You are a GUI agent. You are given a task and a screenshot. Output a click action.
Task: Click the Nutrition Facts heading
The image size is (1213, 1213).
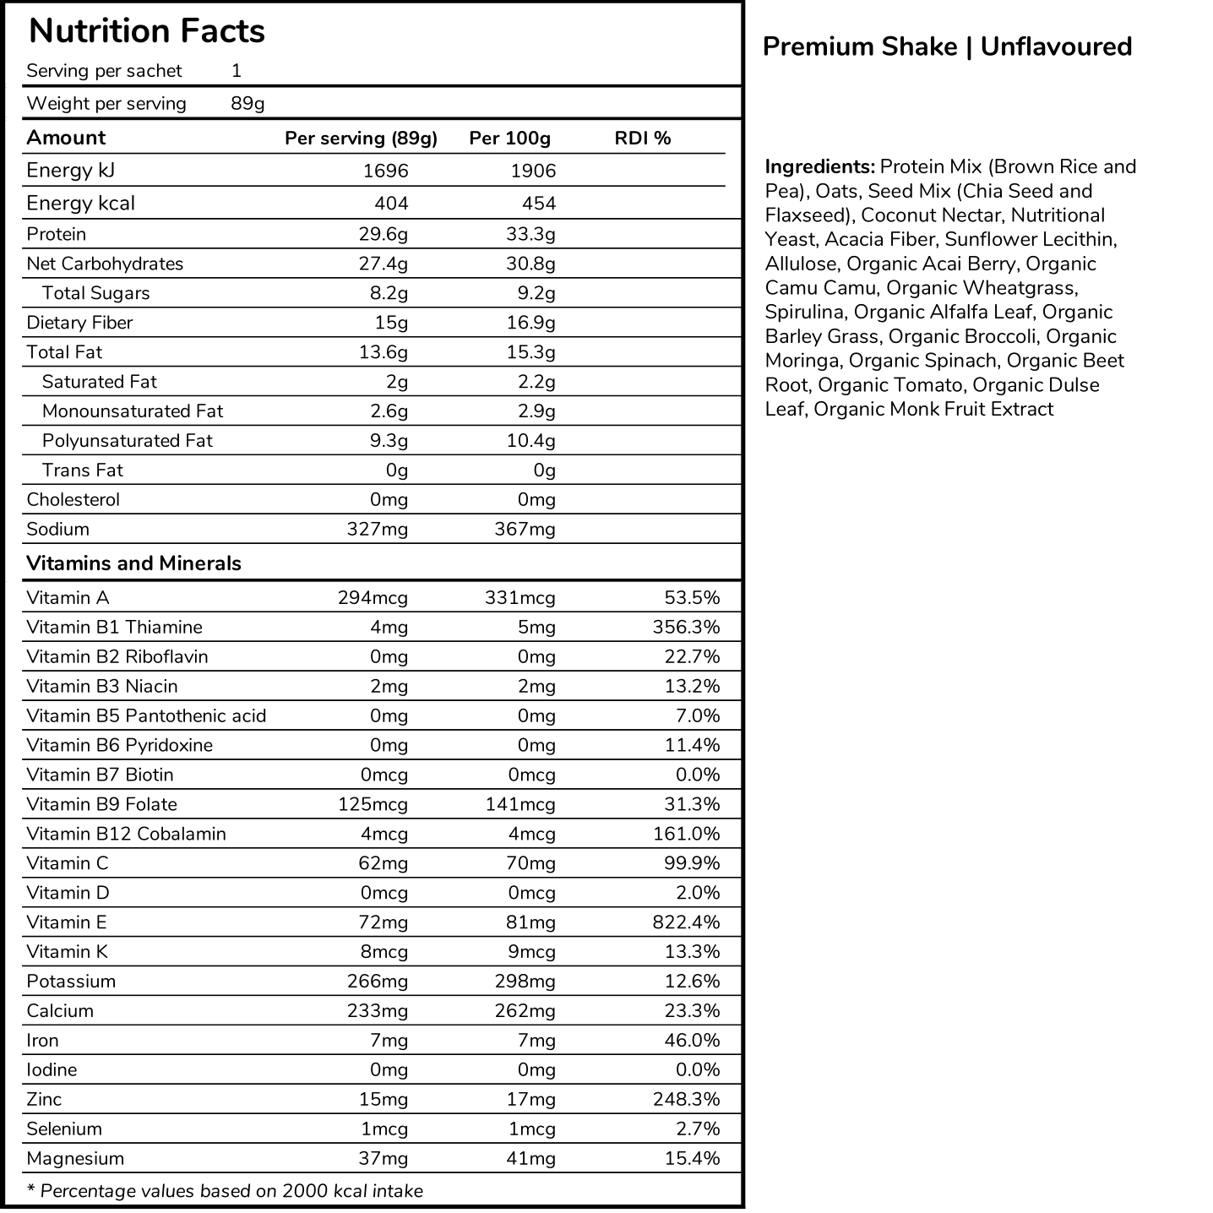(147, 31)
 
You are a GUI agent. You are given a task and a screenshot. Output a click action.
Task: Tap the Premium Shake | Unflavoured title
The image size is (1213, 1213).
(947, 46)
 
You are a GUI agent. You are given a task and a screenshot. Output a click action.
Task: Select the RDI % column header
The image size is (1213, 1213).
(642, 139)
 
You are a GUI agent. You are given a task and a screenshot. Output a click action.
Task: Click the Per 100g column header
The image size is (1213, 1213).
(509, 139)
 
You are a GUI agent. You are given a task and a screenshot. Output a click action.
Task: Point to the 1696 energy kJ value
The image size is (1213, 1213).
(385, 171)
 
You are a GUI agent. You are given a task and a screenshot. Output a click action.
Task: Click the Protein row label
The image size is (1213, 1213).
(57, 234)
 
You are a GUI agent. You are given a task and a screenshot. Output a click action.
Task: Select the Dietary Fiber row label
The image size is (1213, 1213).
(79, 323)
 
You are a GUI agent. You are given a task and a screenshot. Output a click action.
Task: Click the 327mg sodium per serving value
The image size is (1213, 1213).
(377, 530)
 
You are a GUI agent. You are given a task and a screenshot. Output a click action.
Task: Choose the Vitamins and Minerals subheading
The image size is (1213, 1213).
(133, 563)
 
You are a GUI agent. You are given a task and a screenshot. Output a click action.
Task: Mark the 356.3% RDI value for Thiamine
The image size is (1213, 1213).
(686, 628)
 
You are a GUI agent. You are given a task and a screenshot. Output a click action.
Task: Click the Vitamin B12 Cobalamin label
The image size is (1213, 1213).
(126, 835)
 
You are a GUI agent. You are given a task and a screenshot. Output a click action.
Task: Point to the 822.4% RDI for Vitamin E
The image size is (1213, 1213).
(686, 922)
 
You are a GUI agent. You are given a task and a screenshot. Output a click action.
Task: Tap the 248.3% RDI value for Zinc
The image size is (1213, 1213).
(686, 1100)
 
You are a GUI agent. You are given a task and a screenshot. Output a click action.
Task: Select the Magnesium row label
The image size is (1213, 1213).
(75, 1159)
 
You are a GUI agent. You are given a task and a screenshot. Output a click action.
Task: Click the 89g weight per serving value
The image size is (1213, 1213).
(247, 104)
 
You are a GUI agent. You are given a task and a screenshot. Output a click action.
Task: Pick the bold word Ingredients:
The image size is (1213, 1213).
(819, 166)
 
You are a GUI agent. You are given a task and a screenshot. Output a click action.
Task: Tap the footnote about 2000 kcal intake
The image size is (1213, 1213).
(225, 1191)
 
